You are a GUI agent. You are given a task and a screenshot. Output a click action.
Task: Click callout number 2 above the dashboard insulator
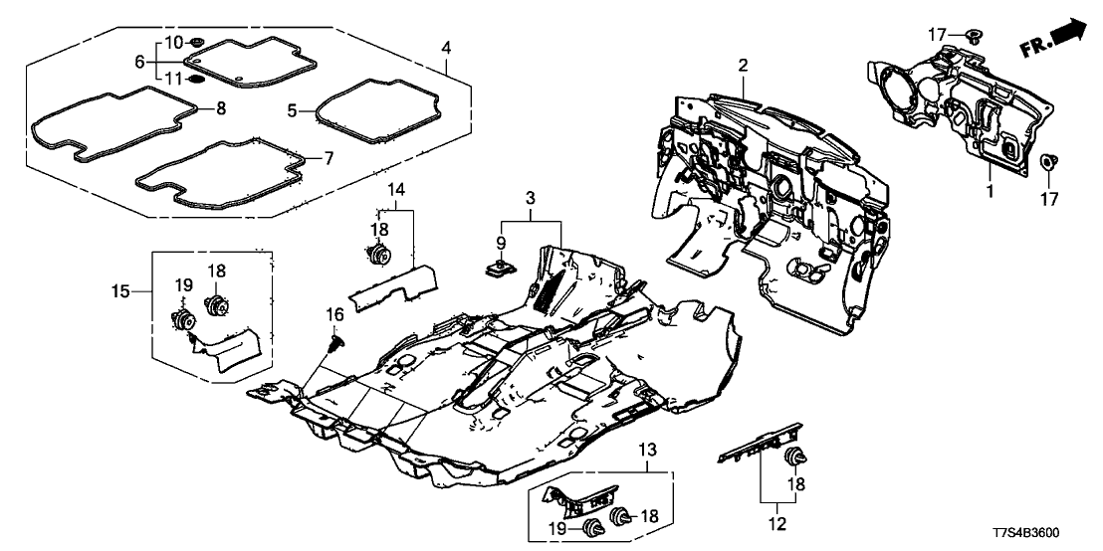click(x=743, y=67)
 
